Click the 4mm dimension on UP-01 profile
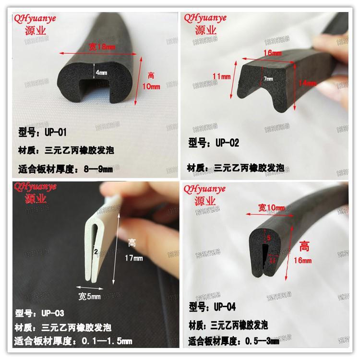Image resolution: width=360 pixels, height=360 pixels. pos(102,73)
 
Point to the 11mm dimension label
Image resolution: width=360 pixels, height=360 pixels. pos(221,76)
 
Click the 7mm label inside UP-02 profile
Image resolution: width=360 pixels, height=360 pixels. pos(268,78)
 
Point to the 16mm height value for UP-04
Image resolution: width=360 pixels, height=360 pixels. pos(304,260)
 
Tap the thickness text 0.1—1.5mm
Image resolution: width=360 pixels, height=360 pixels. pos(104,342)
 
